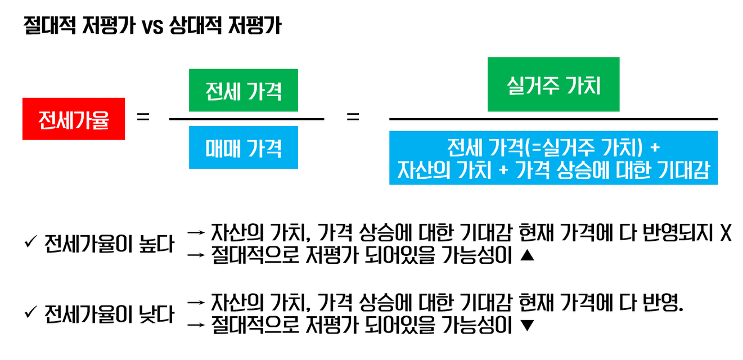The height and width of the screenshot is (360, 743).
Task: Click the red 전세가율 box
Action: (x=74, y=119)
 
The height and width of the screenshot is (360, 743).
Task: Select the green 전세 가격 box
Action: (x=244, y=91)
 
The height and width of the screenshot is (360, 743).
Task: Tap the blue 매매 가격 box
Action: (x=244, y=147)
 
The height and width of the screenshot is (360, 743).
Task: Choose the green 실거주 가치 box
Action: (x=553, y=84)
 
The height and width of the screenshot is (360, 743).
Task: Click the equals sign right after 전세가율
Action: (x=143, y=118)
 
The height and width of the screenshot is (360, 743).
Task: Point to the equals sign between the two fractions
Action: (x=353, y=118)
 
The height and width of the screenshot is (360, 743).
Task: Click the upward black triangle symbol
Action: (x=526, y=256)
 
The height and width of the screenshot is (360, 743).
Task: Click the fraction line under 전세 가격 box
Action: (x=246, y=119)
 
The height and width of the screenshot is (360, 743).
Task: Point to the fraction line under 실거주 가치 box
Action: (x=553, y=119)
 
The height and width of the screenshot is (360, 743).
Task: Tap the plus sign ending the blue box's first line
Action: (x=654, y=148)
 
